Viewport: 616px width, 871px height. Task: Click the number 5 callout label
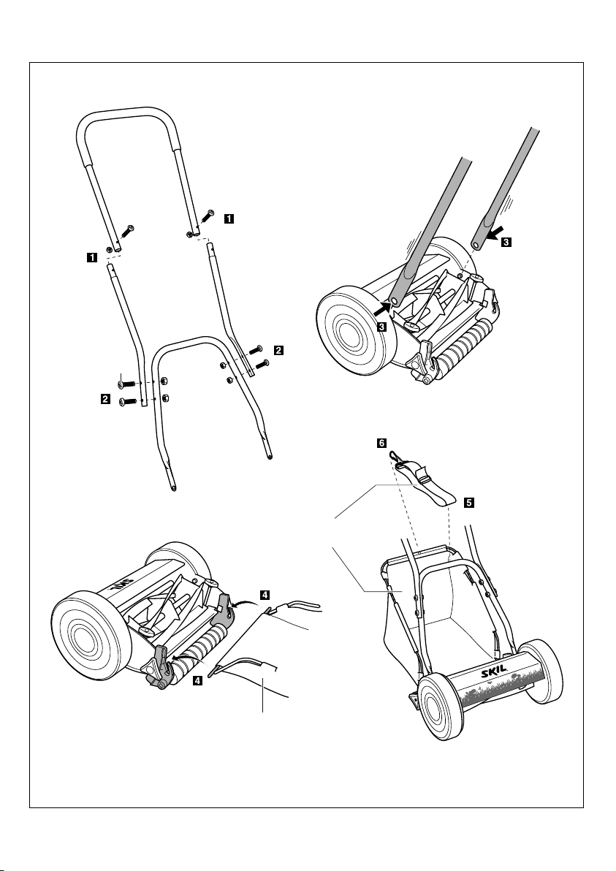[x=469, y=503]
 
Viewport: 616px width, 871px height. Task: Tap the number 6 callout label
[x=381, y=444]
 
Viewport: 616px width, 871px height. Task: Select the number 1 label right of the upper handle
[x=228, y=219]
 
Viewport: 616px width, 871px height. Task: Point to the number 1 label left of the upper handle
[x=91, y=257]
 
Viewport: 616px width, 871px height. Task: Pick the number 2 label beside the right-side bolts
[x=278, y=350]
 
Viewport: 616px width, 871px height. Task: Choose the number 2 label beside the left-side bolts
[x=105, y=398]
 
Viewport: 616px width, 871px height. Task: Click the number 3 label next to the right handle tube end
[x=506, y=242]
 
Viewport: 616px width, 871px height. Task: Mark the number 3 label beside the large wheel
[x=381, y=327]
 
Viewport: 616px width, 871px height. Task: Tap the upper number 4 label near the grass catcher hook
[x=265, y=595]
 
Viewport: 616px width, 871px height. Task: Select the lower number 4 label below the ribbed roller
[x=197, y=680]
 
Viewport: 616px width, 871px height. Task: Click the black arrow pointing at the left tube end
[x=383, y=307]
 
